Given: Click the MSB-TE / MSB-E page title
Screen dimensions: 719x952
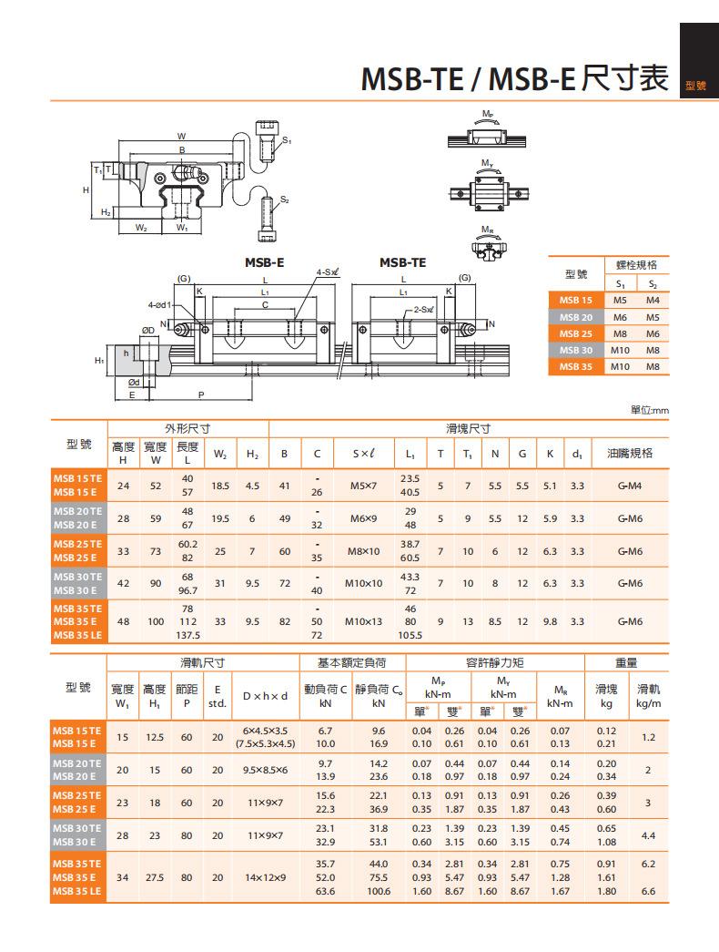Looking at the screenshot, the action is (x=514, y=78).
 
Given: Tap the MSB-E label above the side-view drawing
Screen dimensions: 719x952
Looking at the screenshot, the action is (x=264, y=263).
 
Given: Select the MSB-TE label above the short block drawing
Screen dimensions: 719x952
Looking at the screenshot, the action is (x=402, y=263).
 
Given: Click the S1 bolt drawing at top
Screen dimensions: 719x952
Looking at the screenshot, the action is (x=267, y=141).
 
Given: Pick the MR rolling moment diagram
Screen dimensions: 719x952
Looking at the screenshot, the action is (x=488, y=245).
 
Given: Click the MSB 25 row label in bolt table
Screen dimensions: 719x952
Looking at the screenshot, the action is (x=576, y=334).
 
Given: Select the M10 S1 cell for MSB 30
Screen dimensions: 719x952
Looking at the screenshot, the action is (x=620, y=351).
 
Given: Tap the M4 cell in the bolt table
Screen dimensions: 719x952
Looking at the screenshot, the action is (x=653, y=301).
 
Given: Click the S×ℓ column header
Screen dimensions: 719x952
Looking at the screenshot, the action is (x=363, y=454).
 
